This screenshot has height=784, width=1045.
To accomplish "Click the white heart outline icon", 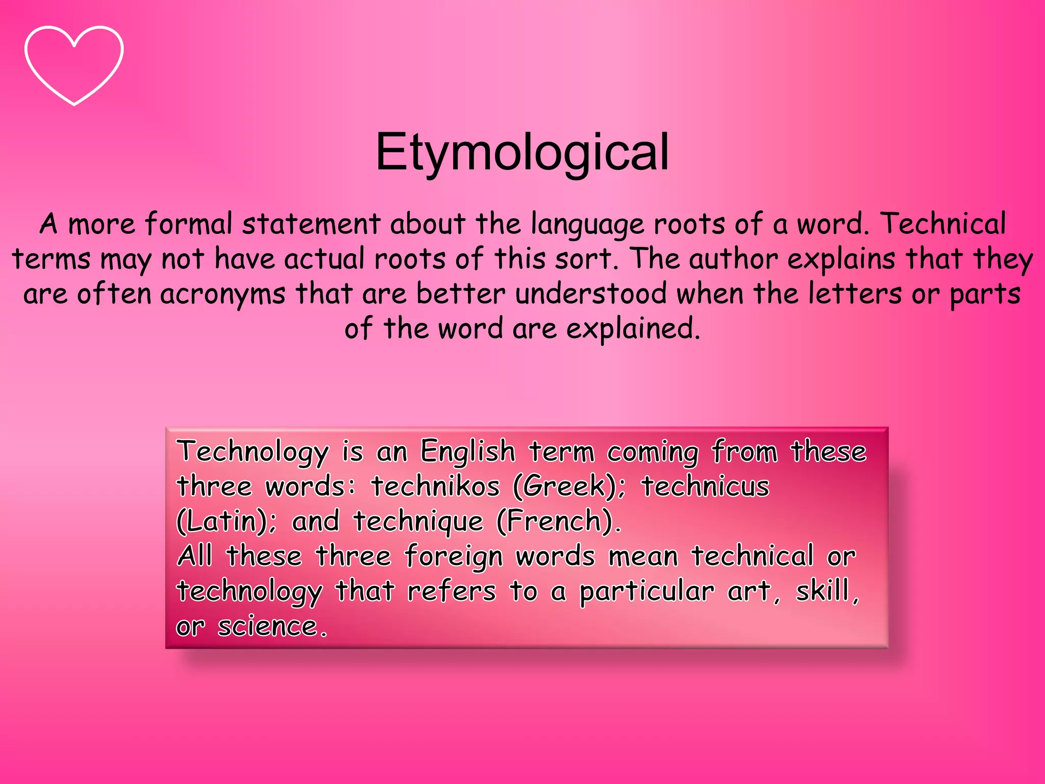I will point(74,65).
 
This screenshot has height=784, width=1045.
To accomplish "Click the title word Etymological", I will point(521,152).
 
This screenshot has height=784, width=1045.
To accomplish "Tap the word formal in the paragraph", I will point(188,224).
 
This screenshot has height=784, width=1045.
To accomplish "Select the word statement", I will point(311,224).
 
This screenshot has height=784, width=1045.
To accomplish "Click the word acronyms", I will point(222,295).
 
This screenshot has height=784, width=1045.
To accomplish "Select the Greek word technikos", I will point(435,486).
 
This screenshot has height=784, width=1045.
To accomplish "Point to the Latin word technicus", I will point(706,486).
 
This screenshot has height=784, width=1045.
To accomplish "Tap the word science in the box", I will point(268,626).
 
